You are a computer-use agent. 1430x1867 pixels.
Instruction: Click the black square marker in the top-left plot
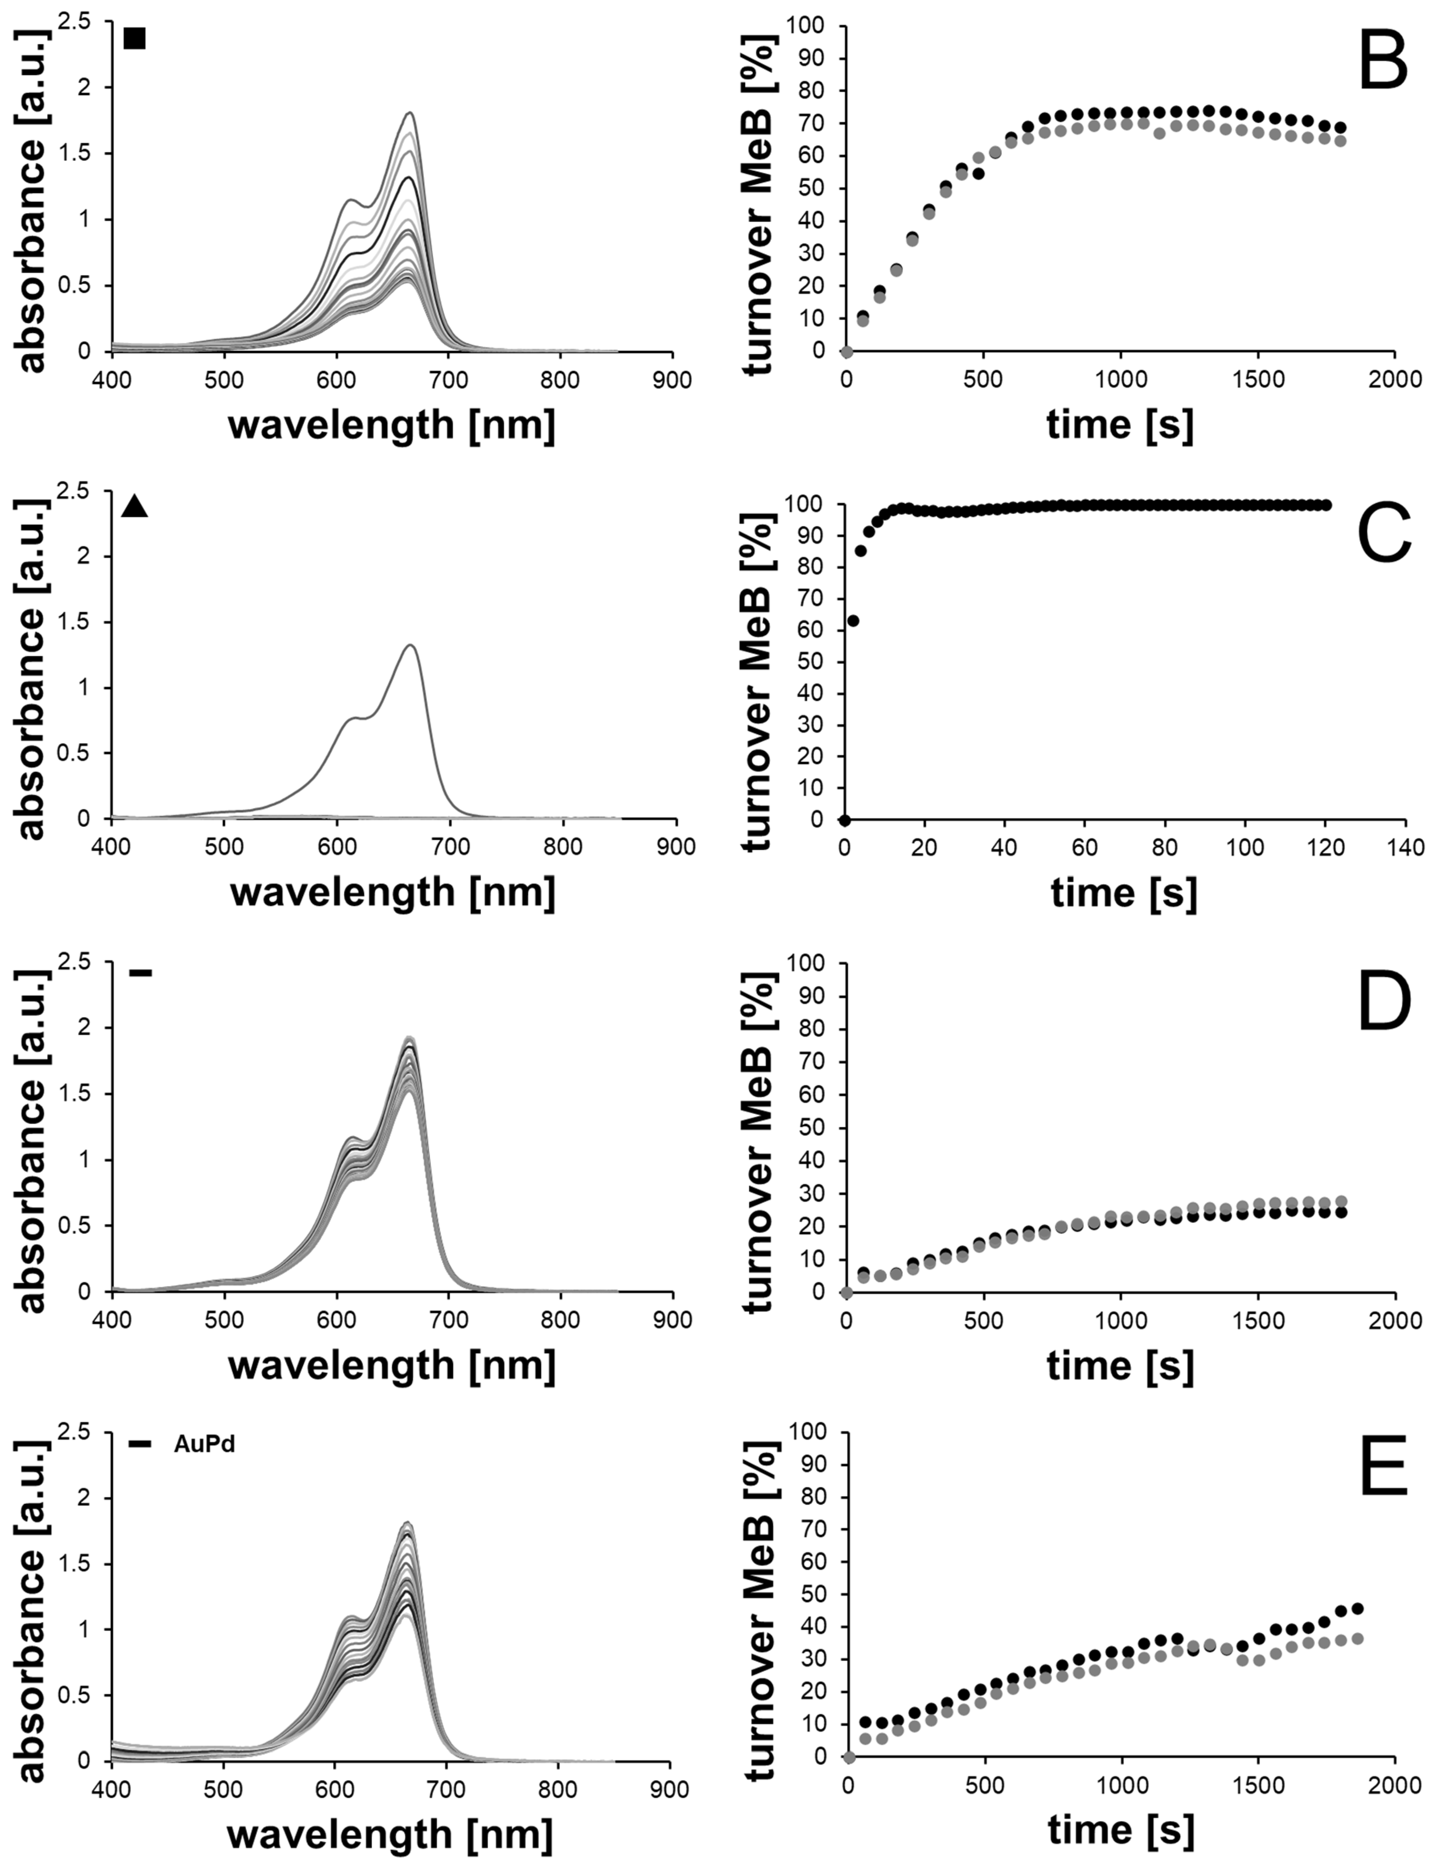[134, 38]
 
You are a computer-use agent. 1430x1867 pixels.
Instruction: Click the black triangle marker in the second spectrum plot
[134, 507]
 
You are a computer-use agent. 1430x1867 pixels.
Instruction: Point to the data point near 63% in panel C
[853, 620]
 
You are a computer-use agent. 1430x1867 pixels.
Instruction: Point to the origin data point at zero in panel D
[846, 1293]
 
